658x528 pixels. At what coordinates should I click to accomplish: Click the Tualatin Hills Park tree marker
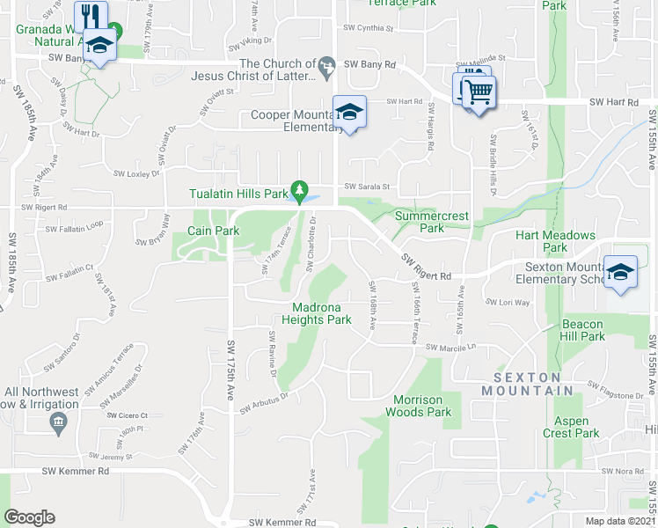(x=300, y=189)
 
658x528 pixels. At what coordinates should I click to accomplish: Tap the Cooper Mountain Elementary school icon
(x=349, y=113)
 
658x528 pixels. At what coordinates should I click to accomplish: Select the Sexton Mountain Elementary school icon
(x=620, y=271)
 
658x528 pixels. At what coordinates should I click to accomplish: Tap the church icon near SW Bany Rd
(x=327, y=63)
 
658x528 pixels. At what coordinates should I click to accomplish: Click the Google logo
(x=29, y=517)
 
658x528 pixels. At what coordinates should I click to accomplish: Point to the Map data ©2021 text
(x=621, y=521)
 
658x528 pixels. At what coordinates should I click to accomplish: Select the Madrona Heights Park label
(x=316, y=313)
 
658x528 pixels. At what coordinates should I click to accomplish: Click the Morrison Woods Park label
(x=419, y=406)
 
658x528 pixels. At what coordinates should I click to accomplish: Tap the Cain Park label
(x=213, y=231)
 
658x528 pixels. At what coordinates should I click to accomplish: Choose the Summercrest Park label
(x=432, y=222)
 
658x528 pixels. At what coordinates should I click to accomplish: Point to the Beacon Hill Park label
(x=583, y=331)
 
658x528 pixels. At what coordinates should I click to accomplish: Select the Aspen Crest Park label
(x=571, y=427)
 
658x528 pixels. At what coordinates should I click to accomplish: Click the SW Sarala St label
(x=366, y=187)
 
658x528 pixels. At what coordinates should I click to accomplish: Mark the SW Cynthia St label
(x=367, y=28)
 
